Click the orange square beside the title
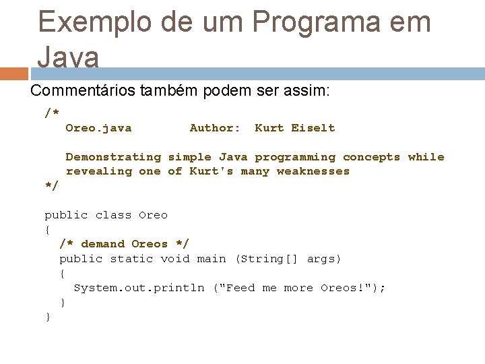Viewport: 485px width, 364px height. [14, 73]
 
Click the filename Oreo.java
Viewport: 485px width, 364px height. [98, 128]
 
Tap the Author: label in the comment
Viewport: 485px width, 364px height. [215, 128]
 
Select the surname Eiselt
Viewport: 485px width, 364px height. [313, 128]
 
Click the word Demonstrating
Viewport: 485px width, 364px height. [113, 157]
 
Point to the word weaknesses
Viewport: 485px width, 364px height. [313, 171]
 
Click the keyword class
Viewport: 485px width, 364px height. [113, 215]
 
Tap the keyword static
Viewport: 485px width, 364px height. [131, 259]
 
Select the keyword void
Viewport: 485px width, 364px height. [175, 259]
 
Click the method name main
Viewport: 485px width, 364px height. [212, 259]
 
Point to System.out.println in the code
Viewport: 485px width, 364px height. [139, 288]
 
